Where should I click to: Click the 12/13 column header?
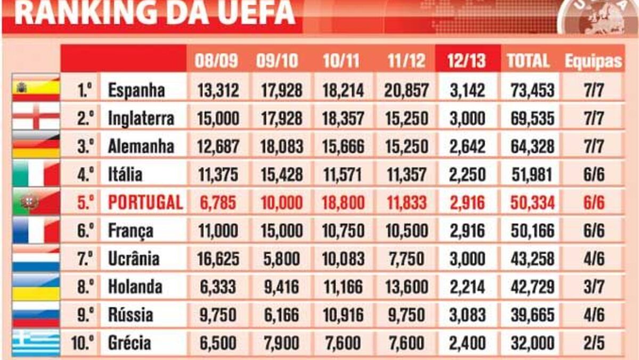[x=468, y=61]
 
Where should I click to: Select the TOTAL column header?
[x=528, y=61]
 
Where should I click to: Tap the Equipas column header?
[x=593, y=61]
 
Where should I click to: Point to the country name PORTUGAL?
[x=145, y=202]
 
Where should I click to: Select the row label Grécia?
[x=129, y=342]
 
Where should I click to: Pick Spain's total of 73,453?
[x=530, y=91]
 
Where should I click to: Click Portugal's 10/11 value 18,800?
[x=343, y=202]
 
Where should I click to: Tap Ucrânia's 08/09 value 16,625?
[x=217, y=259]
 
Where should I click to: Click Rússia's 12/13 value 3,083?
[x=468, y=314]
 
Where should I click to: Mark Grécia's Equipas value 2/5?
[x=593, y=342]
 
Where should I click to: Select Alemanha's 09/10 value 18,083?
[x=281, y=146]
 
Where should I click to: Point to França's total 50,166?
[x=530, y=231]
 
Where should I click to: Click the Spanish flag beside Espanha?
[x=36, y=88]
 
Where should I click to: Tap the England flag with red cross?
[x=36, y=117]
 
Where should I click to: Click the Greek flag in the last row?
[x=36, y=342]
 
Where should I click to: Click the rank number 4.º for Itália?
[x=84, y=174]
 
